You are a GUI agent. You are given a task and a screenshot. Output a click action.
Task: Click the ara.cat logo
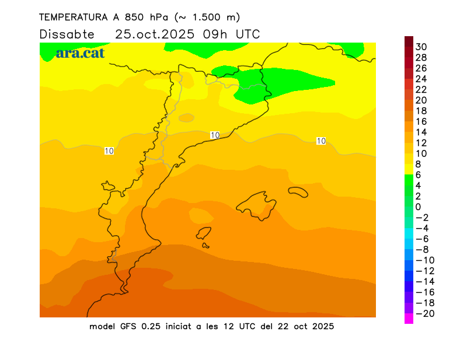click(80, 53)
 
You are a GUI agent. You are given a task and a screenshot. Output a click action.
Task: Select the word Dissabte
click(67, 34)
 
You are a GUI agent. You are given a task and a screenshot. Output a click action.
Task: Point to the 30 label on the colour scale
click(421, 47)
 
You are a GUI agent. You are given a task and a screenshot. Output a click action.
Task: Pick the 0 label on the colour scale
click(418, 207)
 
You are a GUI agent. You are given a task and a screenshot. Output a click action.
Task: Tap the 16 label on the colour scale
click(421, 121)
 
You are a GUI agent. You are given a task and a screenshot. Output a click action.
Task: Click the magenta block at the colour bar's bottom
click(409, 318)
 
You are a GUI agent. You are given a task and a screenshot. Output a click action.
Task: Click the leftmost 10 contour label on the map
click(109, 151)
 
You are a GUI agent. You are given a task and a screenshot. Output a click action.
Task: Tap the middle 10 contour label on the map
click(215, 135)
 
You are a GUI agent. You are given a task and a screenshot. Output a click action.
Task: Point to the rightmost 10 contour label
click(320, 141)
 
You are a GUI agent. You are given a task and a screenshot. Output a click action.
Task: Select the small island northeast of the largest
click(298, 191)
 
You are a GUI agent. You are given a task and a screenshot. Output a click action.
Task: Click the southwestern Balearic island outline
click(203, 234)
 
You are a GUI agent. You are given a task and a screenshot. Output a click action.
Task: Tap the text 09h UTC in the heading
click(231, 34)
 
